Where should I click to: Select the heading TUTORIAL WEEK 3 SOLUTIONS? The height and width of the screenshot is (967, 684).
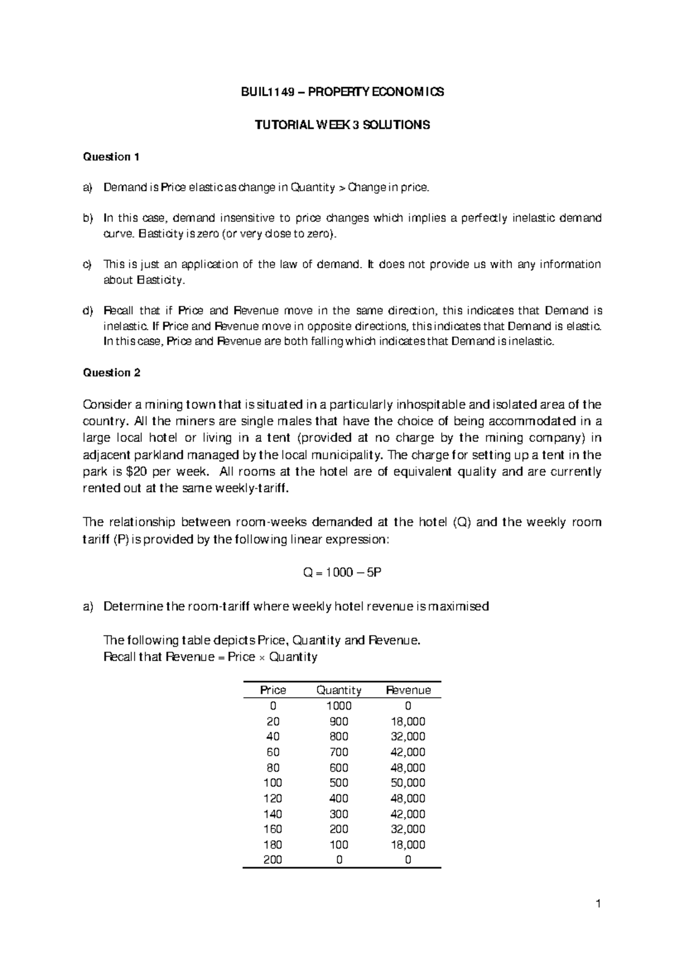click(342, 125)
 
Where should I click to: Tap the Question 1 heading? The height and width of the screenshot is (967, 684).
click(111, 157)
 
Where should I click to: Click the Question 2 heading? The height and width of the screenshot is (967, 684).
click(111, 373)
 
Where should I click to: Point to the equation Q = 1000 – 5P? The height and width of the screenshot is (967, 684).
click(342, 573)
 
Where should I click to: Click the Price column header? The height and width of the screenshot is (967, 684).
click(273, 690)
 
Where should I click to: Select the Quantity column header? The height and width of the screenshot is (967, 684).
click(339, 690)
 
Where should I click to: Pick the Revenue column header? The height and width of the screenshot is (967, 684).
click(408, 690)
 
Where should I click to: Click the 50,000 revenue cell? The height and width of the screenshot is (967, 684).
click(408, 783)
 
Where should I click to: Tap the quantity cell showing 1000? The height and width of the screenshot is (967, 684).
click(339, 706)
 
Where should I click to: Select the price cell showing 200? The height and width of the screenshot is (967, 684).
click(273, 860)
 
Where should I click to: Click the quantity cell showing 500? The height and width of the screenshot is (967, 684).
click(339, 783)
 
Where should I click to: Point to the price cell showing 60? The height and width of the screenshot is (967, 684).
click(273, 752)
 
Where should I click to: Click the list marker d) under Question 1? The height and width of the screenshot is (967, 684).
click(87, 311)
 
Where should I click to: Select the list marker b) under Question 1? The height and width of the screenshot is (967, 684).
click(87, 218)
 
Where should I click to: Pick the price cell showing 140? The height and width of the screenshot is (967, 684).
click(273, 814)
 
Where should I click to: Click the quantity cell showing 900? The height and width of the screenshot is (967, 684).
click(339, 722)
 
